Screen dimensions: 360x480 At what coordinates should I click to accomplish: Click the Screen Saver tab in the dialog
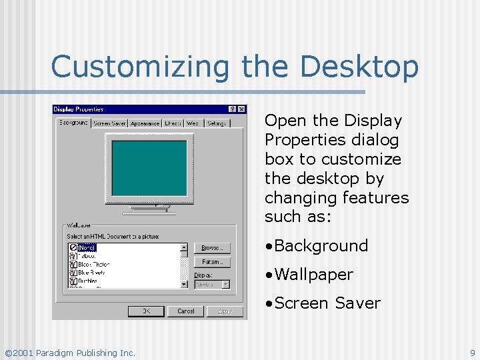[110, 123]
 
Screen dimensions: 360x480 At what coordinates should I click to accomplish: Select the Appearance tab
[145, 123]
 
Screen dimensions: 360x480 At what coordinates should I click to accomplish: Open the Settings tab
[217, 123]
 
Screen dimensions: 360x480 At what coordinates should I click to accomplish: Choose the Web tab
[193, 123]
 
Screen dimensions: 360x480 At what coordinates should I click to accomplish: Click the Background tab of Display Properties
[73, 123]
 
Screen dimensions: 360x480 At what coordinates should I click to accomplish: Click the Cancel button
[186, 311]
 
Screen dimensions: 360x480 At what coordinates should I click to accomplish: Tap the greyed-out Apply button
[225, 311]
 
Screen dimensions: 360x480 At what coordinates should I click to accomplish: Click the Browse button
[212, 248]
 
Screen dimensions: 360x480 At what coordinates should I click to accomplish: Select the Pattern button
[212, 262]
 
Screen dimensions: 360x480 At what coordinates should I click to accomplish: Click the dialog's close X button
[241, 109]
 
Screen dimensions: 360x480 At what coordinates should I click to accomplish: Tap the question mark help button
[232, 109]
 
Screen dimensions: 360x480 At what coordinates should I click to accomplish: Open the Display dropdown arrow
[225, 285]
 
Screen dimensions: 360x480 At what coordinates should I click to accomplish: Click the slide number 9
[472, 353]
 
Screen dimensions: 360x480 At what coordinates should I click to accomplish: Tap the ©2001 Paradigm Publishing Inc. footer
[70, 353]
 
